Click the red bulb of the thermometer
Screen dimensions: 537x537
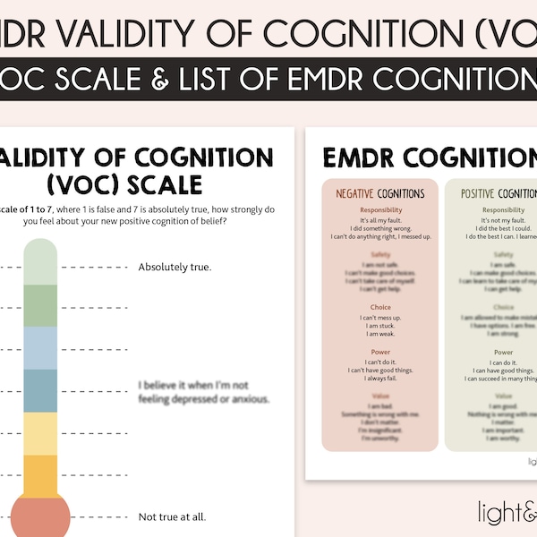coord(39,518)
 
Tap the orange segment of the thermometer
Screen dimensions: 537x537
coord(39,474)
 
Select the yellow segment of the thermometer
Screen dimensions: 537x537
coord(39,433)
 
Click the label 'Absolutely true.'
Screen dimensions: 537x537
coord(175,267)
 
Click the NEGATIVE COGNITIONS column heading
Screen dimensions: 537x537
coord(380,193)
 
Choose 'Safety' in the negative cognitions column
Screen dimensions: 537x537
coord(380,255)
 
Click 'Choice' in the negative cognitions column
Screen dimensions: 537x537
coord(380,307)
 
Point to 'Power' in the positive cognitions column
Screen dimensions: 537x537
coord(503,353)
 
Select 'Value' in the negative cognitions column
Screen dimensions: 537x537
coord(380,396)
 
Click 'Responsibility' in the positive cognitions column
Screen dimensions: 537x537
coord(503,211)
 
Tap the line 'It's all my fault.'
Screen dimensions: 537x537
coord(380,220)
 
